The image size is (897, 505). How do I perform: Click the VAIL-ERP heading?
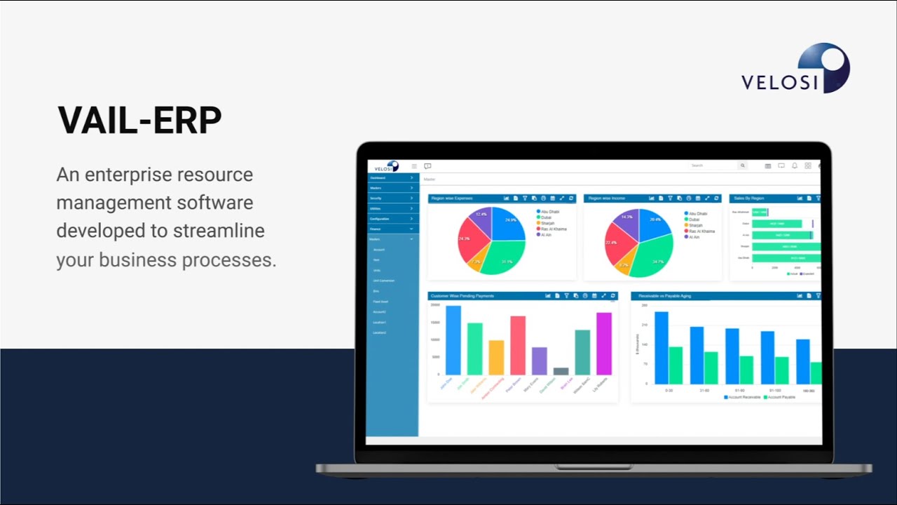(139, 120)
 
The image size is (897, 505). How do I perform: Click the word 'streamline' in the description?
(224, 231)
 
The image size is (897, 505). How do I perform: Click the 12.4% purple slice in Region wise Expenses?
(480, 220)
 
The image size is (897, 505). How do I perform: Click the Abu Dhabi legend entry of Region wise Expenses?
(548, 211)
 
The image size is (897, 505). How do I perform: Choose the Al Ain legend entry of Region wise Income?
(692, 237)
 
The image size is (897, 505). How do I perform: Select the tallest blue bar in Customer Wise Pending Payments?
(453, 340)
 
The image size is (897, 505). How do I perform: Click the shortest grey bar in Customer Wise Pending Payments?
(561, 371)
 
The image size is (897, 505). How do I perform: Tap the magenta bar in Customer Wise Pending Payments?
(603, 344)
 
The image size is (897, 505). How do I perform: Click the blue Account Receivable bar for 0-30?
(661, 348)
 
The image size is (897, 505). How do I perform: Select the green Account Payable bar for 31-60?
(711, 368)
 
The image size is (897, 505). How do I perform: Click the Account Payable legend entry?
(781, 397)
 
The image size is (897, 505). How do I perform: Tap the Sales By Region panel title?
(748, 198)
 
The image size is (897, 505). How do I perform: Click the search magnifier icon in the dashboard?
(742, 166)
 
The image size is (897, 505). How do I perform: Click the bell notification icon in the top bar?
(795, 166)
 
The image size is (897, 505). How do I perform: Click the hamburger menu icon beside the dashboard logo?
(414, 166)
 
